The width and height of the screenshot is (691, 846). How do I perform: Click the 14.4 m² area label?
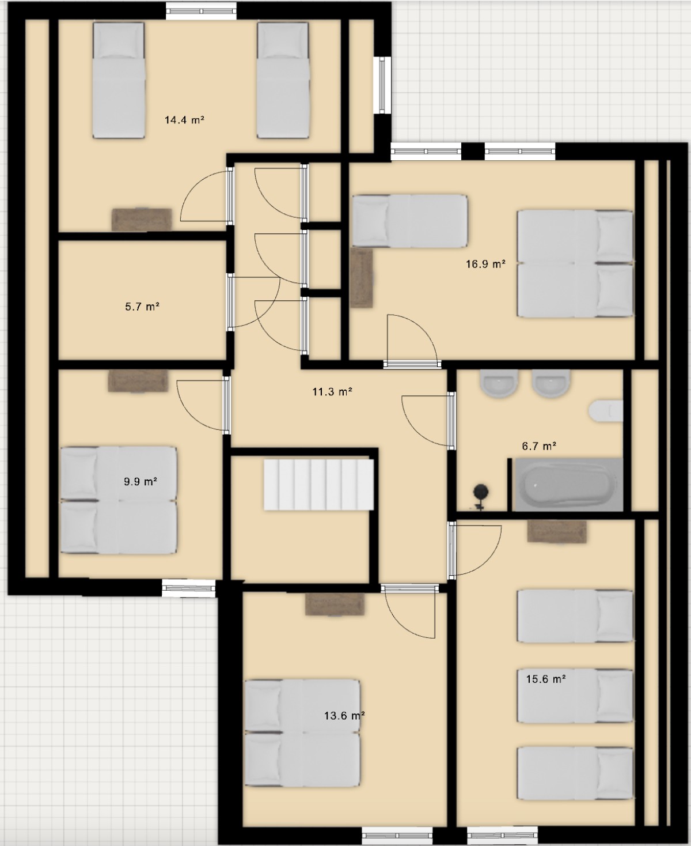pyautogui.click(x=184, y=119)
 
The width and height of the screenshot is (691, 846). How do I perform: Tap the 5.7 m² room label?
pyautogui.click(x=142, y=307)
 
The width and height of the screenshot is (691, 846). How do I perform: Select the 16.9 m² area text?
pyautogui.click(x=485, y=264)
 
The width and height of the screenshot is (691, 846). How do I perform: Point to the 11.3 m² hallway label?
pyautogui.click(x=332, y=391)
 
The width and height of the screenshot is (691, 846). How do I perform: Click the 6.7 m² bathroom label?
pyautogui.click(x=539, y=445)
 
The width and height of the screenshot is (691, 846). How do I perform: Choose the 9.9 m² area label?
pyautogui.click(x=140, y=481)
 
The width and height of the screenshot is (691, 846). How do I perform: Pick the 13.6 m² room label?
pyautogui.click(x=344, y=715)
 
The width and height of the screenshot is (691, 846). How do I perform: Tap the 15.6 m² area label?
pyautogui.click(x=546, y=679)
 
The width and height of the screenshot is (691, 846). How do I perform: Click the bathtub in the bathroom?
pyautogui.click(x=569, y=485)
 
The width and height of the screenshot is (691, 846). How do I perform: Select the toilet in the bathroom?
pyautogui.click(x=606, y=411)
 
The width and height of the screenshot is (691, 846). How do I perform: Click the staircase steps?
pyautogui.click(x=318, y=485)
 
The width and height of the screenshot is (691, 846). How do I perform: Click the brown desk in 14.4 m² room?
pyautogui.click(x=142, y=220)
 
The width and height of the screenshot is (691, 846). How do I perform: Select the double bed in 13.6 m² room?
pyautogui.click(x=303, y=733)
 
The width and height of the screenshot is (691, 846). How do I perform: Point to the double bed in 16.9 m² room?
pyautogui.click(x=575, y=263)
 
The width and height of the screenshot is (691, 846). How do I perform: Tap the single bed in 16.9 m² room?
pyautogui.click(x=410, y=221)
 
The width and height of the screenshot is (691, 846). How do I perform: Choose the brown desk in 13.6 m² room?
pyautogui.click(x=335, y=604)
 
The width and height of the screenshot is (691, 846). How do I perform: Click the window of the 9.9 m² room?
pyautogui.click(x=188, y=588)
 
